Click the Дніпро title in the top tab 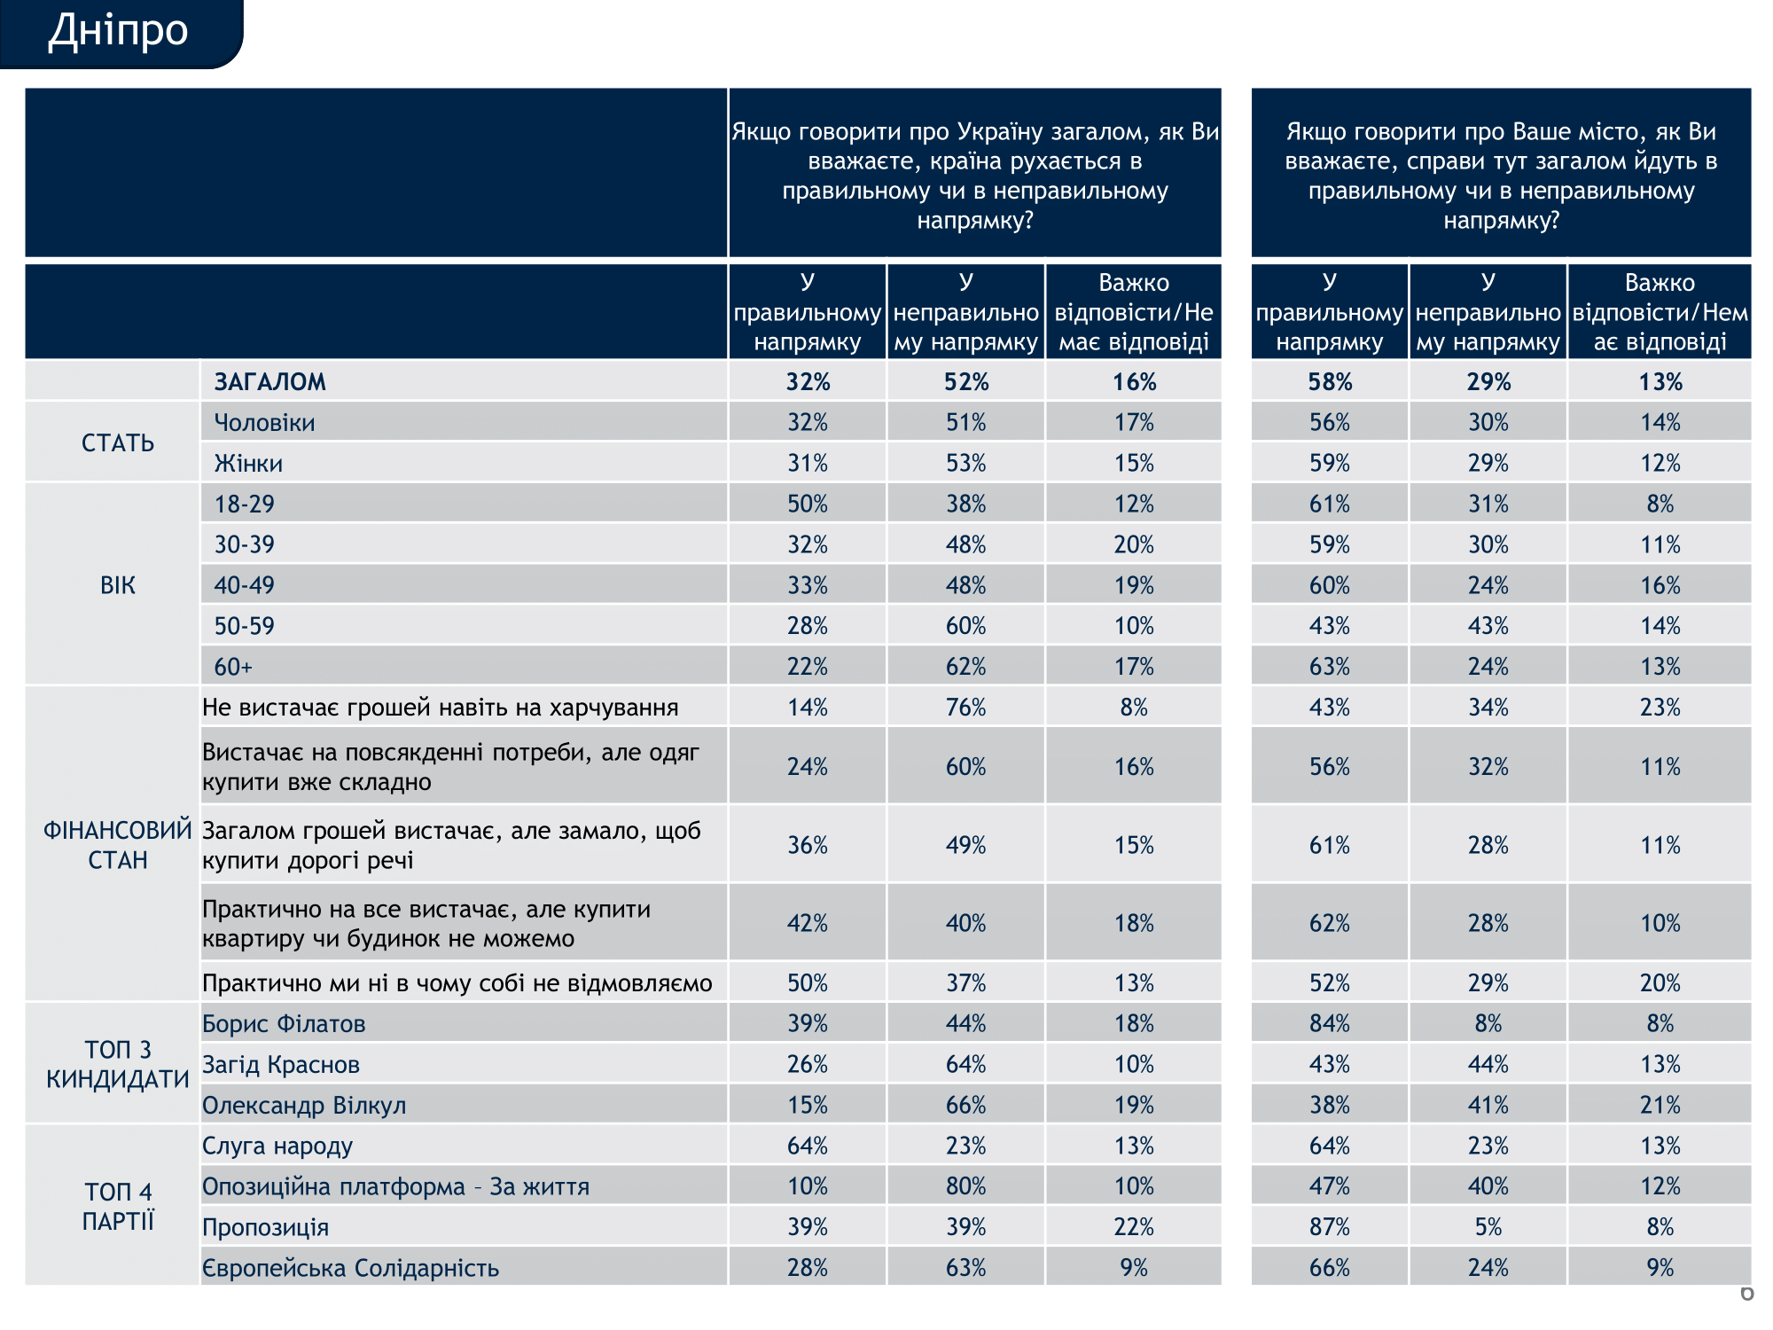click(x=118, y=31)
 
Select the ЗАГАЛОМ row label click(x=270, y=382)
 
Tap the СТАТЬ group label click(x=118, y=443)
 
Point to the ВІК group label click(x=118, y=585)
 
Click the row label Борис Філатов click(x=284, y=1024)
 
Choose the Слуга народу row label click(x=277, y=1146)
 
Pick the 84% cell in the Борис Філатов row click(x=1330, y=1024)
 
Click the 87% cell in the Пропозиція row click(x=1330, y=1227)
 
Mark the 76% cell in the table click(x=965, y=708)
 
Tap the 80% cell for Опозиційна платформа click(x=965, y=1186)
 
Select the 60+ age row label click(x=233, y=667)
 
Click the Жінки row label click(x=248, y=464)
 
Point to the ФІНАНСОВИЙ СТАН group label click(x=118, y=845)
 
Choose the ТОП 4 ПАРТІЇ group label click(x=118, y=1207)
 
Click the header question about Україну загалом click(x=975, y=176)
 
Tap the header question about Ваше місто click(x=1501, y=176)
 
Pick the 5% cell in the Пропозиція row click(x=1488, y=1227)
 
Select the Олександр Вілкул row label click(x=304, y=1106)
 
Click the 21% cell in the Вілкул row click(x=1660, y=1106)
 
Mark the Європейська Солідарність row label click(x=350, y=1268)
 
